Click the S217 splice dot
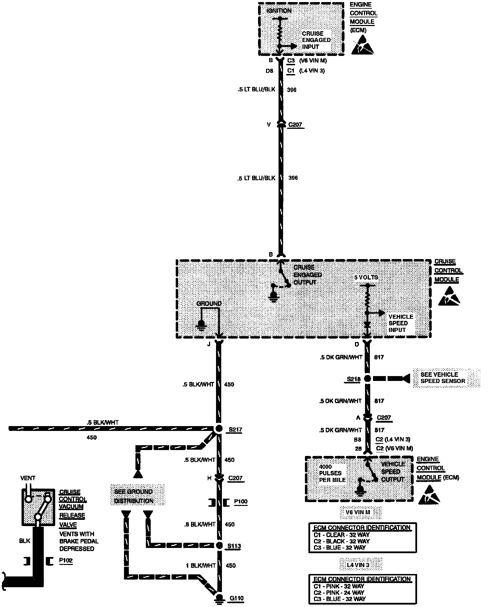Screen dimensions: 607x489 click(x=219, y=429)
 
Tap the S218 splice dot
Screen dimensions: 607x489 click(x=367, y=379)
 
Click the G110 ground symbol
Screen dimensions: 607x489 click(x=219, y=598)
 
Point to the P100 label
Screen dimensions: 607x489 click(x=241, y=501)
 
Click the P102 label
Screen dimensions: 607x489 click(x=66, y=560)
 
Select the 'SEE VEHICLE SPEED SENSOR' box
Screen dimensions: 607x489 click(x=446, y=378)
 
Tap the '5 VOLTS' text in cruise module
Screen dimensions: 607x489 click(x=366, y=277)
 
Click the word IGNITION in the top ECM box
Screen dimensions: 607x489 click(x=279, y=11)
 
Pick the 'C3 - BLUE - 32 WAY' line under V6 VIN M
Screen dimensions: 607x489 click(x=339, y=548)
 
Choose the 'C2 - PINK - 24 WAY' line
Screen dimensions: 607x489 click(x=339, y=592)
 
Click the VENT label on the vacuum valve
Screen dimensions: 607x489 click(x=28, y=478)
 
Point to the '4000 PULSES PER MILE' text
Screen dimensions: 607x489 click(x=332, y=473)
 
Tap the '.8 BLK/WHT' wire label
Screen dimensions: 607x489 click(x=200, y=524)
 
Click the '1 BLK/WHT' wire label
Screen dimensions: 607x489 click(x=201, y=565)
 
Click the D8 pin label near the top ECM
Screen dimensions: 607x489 click(x=269, y=71)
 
